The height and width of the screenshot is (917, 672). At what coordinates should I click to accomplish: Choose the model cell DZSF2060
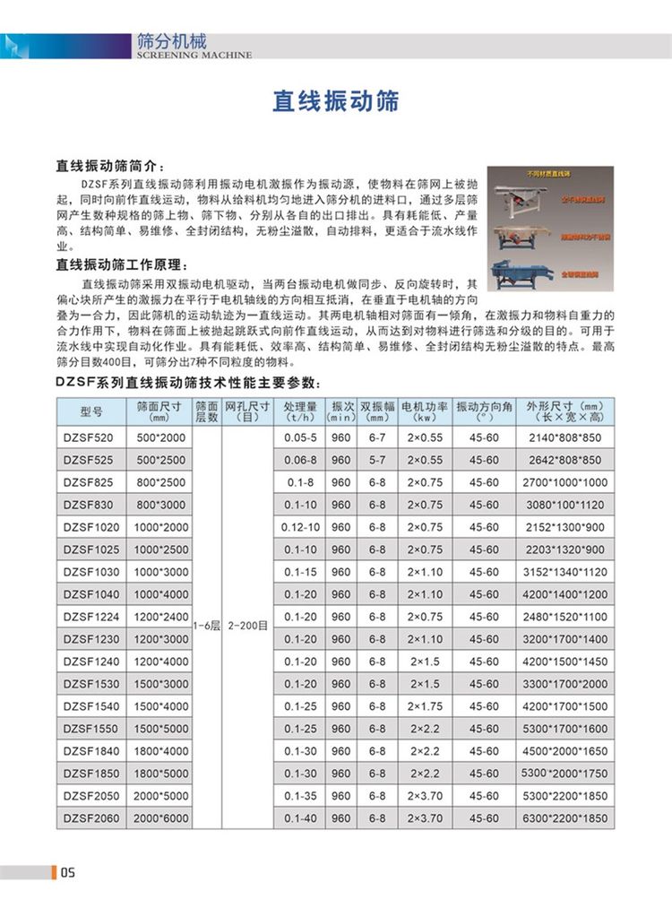coord(92,818)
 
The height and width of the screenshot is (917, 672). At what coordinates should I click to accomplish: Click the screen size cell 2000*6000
coord(161,818)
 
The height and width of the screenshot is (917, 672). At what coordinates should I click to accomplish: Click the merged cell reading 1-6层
coord(206,628)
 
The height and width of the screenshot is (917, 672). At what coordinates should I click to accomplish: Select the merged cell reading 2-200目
coord(246,628)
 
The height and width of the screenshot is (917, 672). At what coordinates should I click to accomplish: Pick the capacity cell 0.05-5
coord(301,438)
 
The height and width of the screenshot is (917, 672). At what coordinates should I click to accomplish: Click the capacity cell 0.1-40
coord(301,818)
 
